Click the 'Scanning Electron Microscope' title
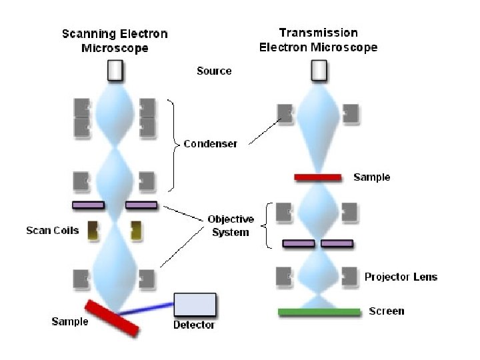pos(115,41)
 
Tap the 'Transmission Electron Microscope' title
pos(318,40)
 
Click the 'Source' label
pos(214,71)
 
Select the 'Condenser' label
pos(210,144)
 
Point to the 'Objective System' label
pos(231,225)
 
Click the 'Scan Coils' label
pos(52,231)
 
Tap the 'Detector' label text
pos(194,325)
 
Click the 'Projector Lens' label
pos(401,276)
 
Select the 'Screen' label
pos(387,311)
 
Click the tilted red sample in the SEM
pos(112,317)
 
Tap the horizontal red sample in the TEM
pos(319,177)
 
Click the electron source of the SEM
pos(115,70)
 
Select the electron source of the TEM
pos(319,69)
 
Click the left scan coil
pos(92,230)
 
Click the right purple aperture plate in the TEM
pos(337,243)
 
